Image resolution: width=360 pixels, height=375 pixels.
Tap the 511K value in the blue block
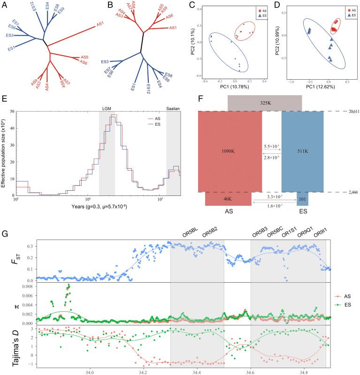(x=302, y=150)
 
